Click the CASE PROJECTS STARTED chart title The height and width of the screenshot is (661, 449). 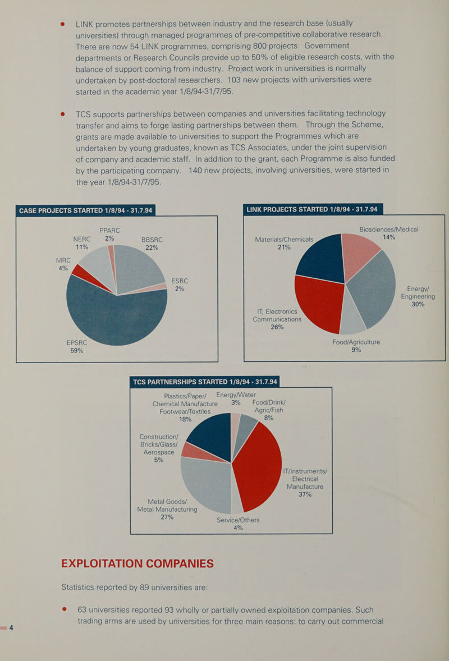point(86,210)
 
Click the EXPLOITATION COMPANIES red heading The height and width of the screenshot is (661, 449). point(138,563)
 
